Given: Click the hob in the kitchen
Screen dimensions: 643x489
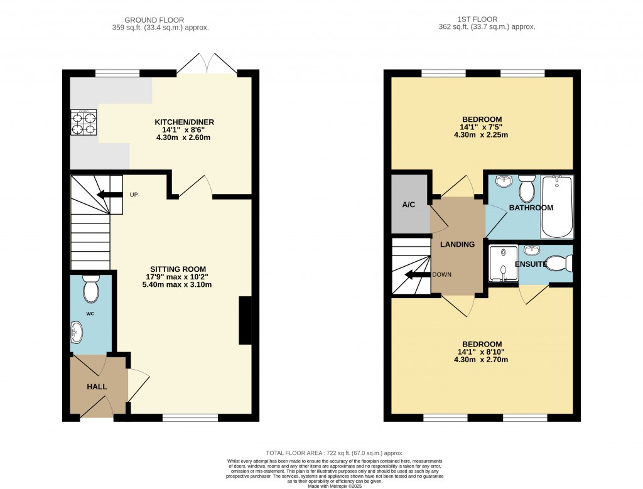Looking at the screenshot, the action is coord(84,122).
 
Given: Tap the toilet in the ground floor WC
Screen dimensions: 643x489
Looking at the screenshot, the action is coord(91,288).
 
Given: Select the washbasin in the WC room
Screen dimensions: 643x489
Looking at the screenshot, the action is coord(76,332).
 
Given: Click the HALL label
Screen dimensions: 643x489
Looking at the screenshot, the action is coord(97,387).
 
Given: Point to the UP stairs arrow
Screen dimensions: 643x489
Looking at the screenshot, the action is coord(109,195).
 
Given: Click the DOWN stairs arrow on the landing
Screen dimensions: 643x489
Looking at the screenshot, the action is coord(418,274).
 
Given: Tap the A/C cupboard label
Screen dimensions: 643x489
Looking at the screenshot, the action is coord(408,205).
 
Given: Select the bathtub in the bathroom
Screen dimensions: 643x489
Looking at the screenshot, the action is coord(557,207).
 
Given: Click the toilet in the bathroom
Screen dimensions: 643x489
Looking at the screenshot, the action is coord(526,188).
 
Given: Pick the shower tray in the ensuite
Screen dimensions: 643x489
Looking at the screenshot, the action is coord(504,263).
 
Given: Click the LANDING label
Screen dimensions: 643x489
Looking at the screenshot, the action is coord(457,244).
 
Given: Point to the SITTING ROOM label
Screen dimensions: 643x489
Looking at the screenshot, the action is coord(178,269).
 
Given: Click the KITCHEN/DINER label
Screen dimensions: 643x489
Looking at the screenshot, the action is coord(184,122).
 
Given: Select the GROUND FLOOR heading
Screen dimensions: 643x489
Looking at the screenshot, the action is coord(154,19).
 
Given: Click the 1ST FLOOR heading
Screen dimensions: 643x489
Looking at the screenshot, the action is coord(477,19).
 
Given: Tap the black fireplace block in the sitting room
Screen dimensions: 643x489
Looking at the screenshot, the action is coord(246,321).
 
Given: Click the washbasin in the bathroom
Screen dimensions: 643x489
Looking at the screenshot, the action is coord(504,181).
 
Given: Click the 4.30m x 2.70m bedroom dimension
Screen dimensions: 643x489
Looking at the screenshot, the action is coord(481,360).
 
